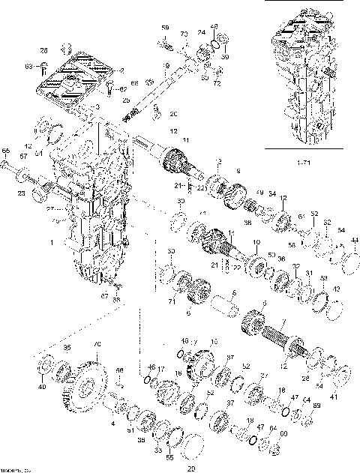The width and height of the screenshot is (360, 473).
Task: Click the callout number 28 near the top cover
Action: [x=43, y=50]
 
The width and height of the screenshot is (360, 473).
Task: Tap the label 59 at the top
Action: [x=165, y=28]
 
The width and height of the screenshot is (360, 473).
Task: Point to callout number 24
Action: [x=201, y=32]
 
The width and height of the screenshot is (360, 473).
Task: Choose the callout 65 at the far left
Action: [x=6, y=151]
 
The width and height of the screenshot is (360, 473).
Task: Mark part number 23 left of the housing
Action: [x=20, y=193]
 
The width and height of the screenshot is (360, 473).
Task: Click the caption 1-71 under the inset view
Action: [x=305, y=163]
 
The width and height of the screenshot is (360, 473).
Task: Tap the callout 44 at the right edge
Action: [x=355, y=240]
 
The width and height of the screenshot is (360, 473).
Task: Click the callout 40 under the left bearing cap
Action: [x=42, y=388]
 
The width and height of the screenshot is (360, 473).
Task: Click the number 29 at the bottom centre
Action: [x=190, y=469]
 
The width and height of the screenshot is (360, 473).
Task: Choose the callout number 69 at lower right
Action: [x=316, y=406]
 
